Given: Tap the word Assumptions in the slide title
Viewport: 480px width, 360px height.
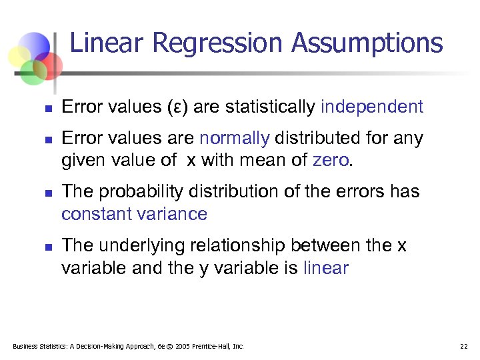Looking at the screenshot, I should pos(367,44).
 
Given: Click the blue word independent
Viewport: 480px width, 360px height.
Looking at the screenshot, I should pos(372,107).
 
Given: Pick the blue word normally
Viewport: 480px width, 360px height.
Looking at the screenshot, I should pos(235,138).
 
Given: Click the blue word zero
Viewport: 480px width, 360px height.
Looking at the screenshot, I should pos(329,161).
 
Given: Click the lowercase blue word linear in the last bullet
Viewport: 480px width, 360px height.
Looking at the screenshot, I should pos(325,268).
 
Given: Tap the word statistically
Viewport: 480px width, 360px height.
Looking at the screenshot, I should pos(270,107).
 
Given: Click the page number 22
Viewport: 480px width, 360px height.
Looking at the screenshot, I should pos(463,346).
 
